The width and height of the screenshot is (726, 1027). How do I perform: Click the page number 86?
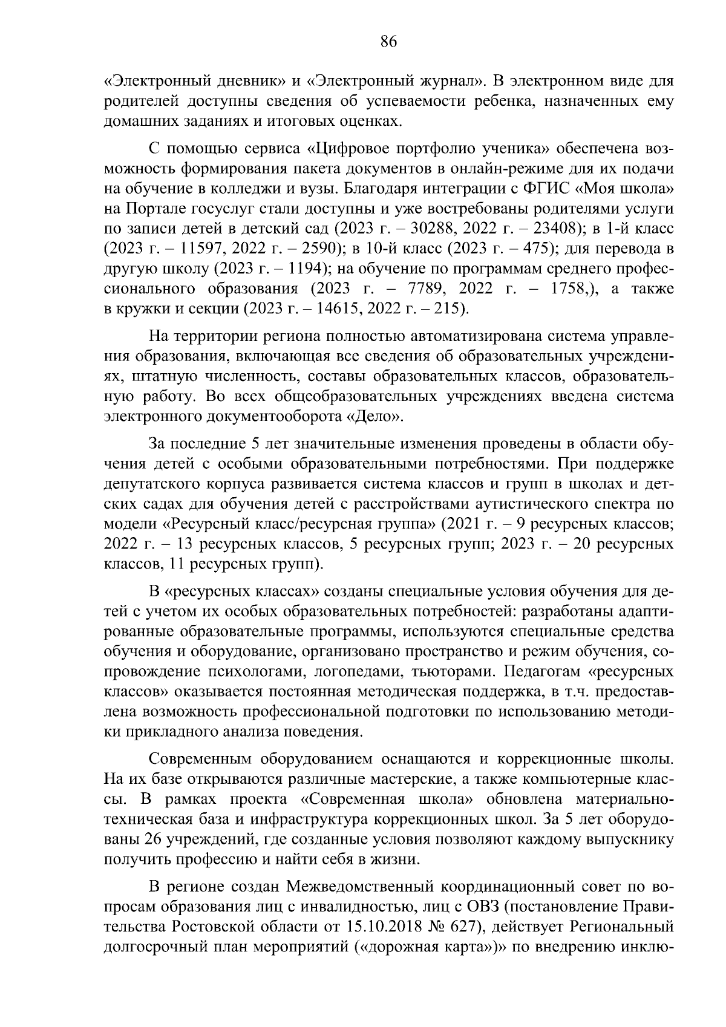tap(388, 42)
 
